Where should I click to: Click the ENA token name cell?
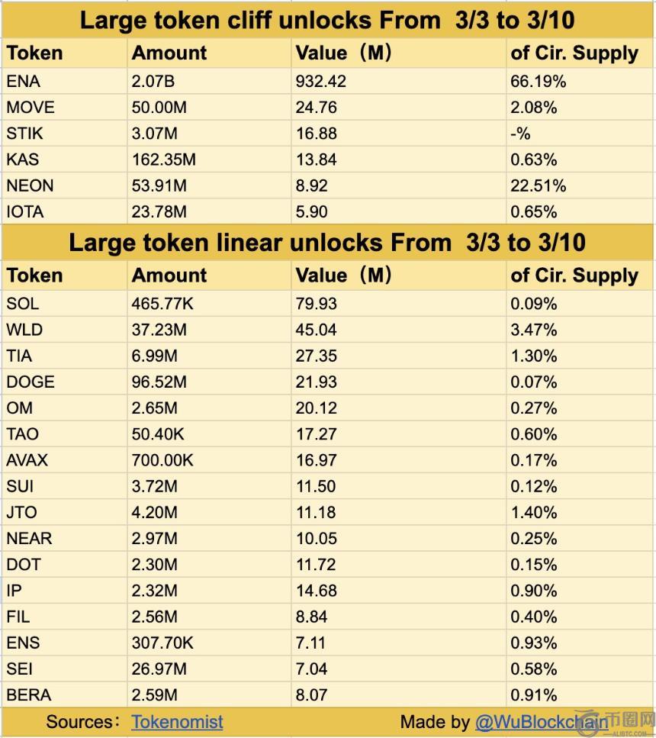(x=23, y=82)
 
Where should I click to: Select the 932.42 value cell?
(x=320, y=82)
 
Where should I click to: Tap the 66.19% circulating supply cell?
(x=539, y=82)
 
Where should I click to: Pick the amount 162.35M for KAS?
(x=163, y=160)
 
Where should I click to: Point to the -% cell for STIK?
(x=521, y=134)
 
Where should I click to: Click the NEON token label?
(x=30, y=185)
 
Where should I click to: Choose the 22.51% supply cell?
(x=539, y=185)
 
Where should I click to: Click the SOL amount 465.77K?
(x=162, y=304)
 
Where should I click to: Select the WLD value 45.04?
(x=316, y=330)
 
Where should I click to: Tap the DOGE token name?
(x=31, y=382)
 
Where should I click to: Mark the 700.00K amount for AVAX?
(x=162, y=460)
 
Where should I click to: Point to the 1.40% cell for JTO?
(x=534, y=512)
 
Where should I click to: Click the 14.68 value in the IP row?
(x=316, y=591)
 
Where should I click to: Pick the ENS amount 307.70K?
(x=162, y=643)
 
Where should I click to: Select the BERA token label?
(x=29, y=694)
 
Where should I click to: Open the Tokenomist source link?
(x=177, y=721)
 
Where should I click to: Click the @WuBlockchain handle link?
(x=541, y=721)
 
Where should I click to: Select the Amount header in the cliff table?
(x=169, y=53)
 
